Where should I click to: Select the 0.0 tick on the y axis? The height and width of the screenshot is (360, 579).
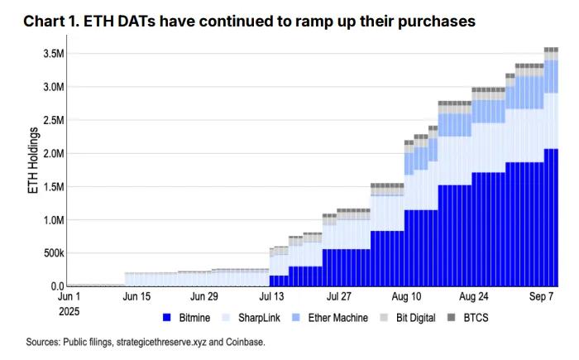pyautogui.click(x=55, y=286)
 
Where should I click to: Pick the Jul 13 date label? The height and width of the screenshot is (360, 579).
pyautogui.click(x=271, y=296)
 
